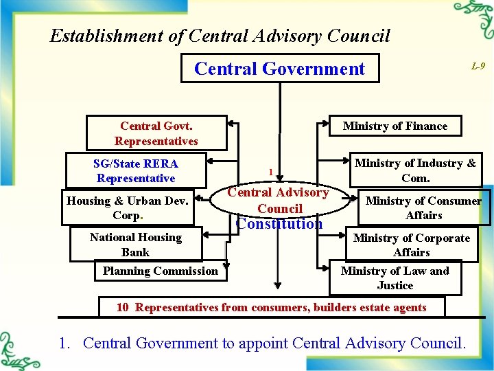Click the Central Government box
tap(279, 69)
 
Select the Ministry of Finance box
tap(395, 126)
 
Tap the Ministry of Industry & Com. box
tap(414, 170)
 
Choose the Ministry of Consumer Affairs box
tap(423, 207)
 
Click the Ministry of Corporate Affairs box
tap(411, 245)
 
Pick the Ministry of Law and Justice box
tap(395, 278)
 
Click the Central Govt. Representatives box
tap(156, 133)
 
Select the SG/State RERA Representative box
tap(135, 170)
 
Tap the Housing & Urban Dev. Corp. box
tap(127, 207)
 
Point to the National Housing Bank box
tap(135, 245)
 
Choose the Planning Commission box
tap(160, 271)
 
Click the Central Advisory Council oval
tap(278, 200)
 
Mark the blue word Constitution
tap(279, 224)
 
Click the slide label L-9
tap(478, 66)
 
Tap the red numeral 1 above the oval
tap(271, 172)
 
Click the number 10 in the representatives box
tap(122, 307)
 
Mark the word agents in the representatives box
tap(408, 307)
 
